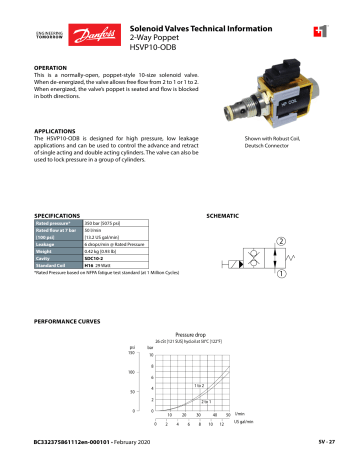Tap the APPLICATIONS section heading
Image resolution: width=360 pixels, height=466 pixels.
coord(56,130)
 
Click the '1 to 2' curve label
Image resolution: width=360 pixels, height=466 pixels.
coord(200,385)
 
